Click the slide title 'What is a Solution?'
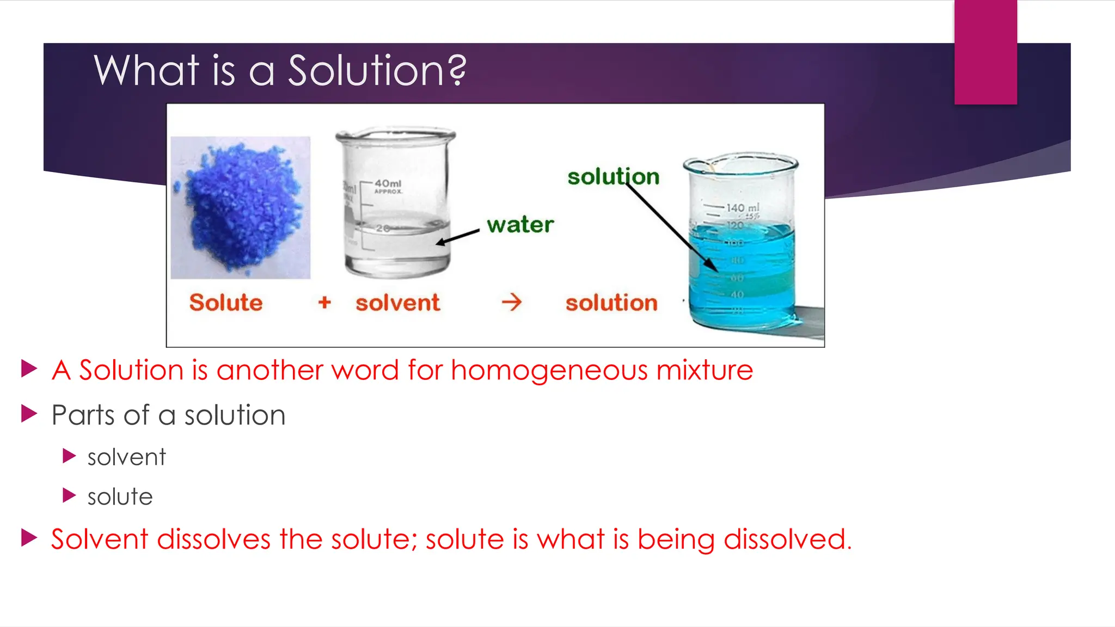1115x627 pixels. (280, 71)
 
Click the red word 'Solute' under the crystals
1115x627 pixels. (225, 303)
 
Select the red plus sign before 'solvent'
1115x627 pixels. (324, 302)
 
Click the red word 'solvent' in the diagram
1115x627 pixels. (397, 303)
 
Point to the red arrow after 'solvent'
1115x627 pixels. (512, 302)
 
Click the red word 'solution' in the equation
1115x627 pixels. (611, 303)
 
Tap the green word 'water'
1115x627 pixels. (520, 224)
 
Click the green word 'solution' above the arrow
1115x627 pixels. (613, 177)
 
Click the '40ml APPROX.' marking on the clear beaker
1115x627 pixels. (388, 186)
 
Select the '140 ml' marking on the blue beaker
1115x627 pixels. (742, 208)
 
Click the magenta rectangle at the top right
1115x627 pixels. (985, 52)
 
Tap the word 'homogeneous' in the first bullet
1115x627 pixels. (549, 371)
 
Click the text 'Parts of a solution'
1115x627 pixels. (168, 415)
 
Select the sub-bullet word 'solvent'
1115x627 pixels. (126, 457)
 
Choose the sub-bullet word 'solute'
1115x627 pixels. (120, 497)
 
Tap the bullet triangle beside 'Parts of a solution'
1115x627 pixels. (29, 414)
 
